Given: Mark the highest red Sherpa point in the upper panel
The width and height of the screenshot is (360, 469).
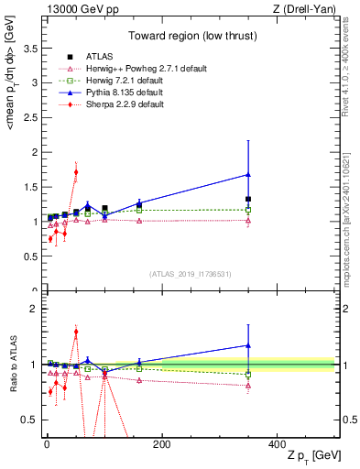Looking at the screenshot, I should (x=76, y=171).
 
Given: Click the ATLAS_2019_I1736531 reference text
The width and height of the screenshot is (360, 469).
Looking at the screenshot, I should (x=190, y=274).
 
